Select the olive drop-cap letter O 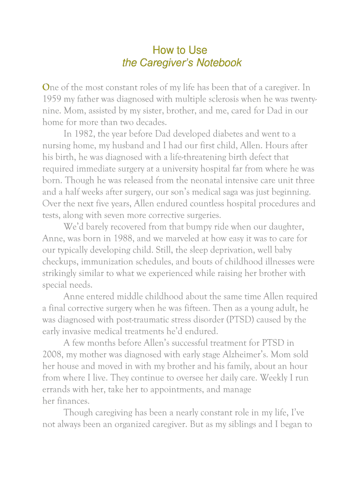click(46, 87)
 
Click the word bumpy click(186, 227)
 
